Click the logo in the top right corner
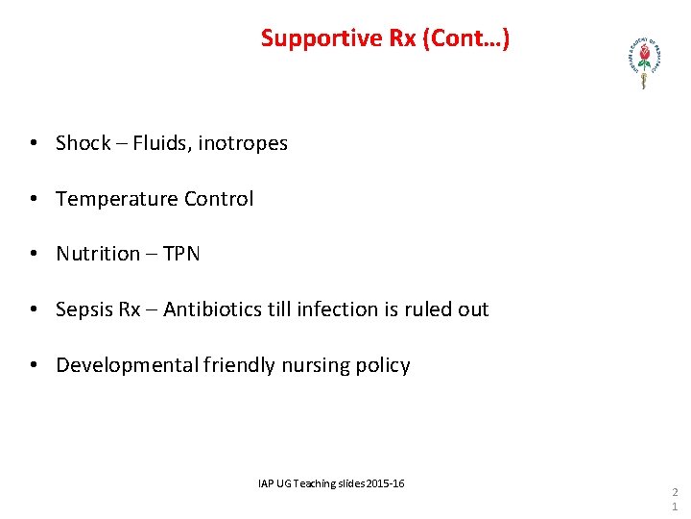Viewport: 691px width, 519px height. click(642, 63)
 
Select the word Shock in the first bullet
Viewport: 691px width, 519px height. click(83, 143)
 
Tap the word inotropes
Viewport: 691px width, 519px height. click(243, 143)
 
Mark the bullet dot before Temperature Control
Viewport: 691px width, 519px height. click(34, 200)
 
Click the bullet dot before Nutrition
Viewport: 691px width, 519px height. click(34, 255)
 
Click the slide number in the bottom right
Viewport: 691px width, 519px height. click(674, 498)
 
